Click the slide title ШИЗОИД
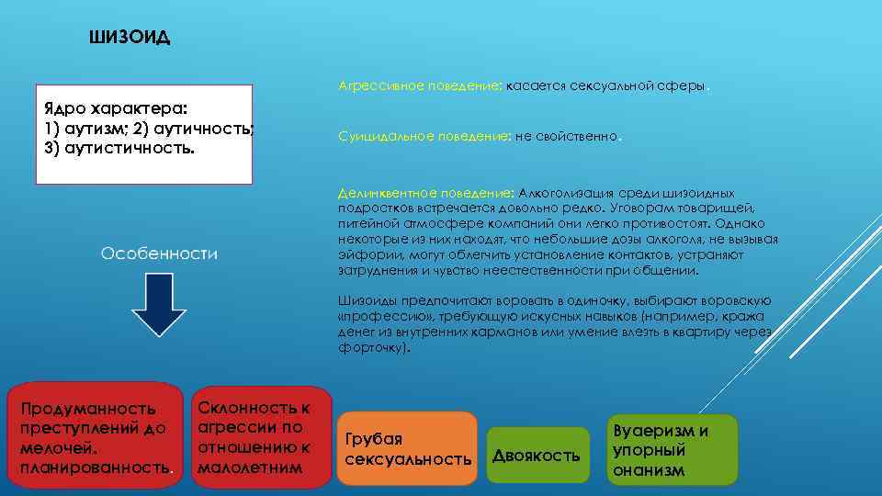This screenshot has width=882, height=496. [130, 38]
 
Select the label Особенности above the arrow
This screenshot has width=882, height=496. [159, 254]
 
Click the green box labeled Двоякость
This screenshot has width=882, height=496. [537, 456]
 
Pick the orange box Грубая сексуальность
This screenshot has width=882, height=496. [407, 448]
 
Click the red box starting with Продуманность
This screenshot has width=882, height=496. [95, 437]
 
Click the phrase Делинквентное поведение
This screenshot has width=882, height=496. [425, 194]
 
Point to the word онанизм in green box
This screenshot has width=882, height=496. [648, 470]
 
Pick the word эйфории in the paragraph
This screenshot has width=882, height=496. [361, 254]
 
